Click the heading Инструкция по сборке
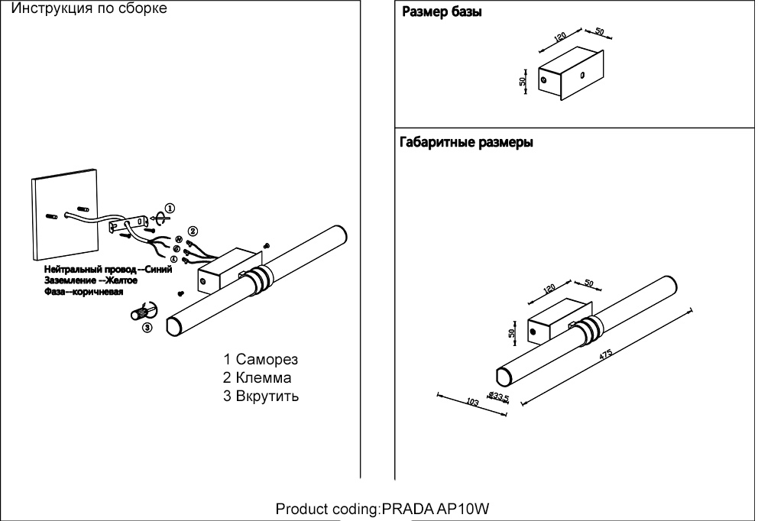point(90,9)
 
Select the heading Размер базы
point(442,13)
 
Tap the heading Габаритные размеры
point(466,143)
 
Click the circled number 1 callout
point(170,207)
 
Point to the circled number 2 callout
point(193,231)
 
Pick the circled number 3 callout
point(147,328)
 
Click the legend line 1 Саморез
point(261,359)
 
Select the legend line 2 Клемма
point(258,377)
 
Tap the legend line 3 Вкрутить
point(261,396)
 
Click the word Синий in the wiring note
point(157,270)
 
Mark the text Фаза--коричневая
point(84,292)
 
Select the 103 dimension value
point(471,401)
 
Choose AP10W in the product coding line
point(468,509)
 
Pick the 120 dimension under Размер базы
point(560,37)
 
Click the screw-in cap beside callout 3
point(142,312)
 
